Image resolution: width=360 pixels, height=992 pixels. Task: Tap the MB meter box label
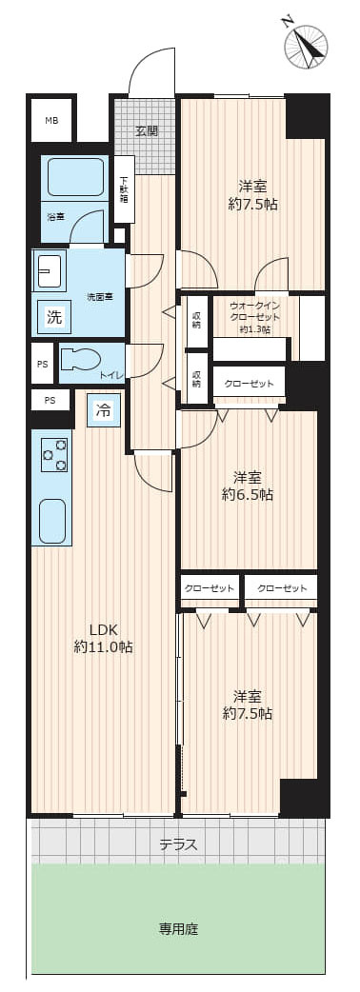pyautogui.click(x=50, y=120)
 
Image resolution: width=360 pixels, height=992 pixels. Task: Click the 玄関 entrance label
pyautogui.click(x=146, y=130)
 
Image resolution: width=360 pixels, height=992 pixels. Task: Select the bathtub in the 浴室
pyautogui.click(x=74, y=177)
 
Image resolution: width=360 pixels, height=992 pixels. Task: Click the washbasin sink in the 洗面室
pyautogui.click(x=49, y=271)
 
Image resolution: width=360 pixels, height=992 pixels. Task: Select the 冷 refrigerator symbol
pyautogui.click(x=104, y=411)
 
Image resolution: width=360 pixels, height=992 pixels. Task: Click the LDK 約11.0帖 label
pyautogui.click(x=103, y=638)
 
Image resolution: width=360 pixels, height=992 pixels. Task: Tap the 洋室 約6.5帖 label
pyautogui.click(x=248, y=486)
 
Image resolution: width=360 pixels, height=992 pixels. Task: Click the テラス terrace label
pyautogui.click(x=178, y=843)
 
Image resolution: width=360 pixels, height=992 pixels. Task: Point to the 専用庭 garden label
pyautogui.click(x=178, y=928)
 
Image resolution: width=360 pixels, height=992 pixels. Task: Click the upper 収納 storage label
pyautogui.click(x=196, y=321)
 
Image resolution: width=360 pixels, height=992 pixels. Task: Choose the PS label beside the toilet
pyautogui.click(x=42, y=363)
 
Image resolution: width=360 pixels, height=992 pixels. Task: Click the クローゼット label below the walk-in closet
pyautogui.click(x=249, y=384)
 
